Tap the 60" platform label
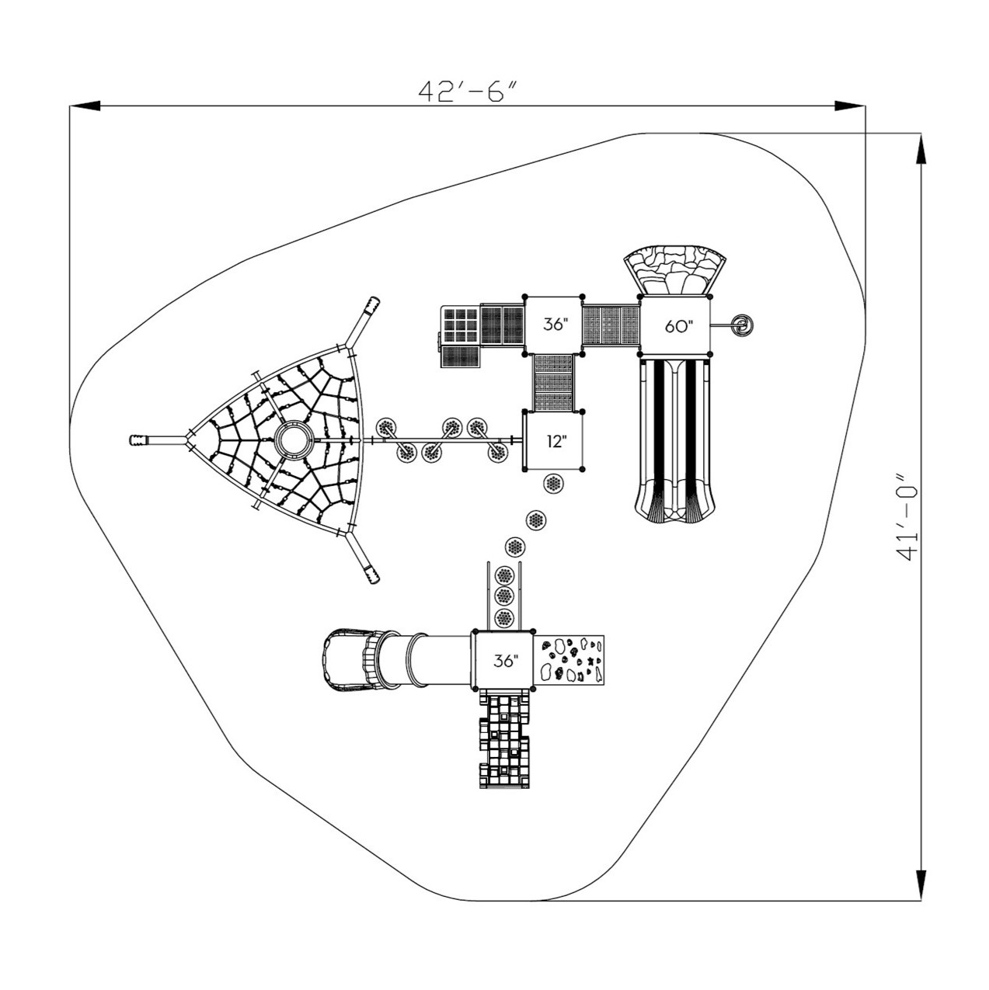(x=677, y=326)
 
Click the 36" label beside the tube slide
(x=505, y=661)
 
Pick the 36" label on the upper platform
(x=555, y=325)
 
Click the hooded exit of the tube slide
(x=342, y=659)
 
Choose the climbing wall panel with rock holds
(x=570, y=659)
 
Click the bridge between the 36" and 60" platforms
(x=611, y=326)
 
